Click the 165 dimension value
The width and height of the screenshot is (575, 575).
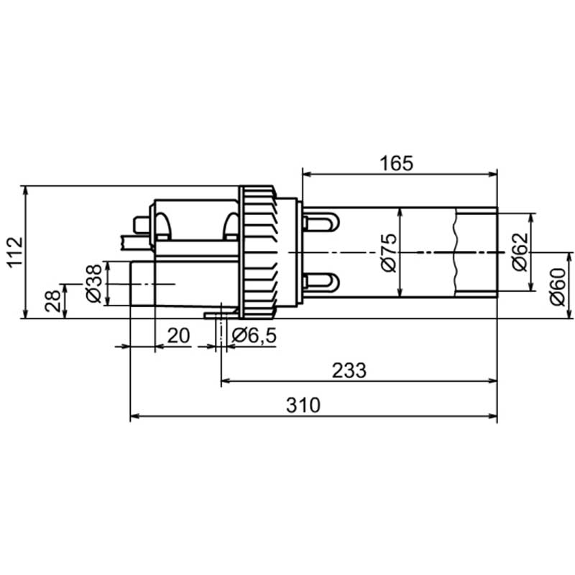pos(397,164)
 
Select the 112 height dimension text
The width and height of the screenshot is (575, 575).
pos(15,253)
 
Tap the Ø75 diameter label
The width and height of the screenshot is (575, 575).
pos(389,252)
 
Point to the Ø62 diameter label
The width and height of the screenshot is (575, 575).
pos(520,252)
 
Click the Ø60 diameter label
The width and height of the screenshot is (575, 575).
pos(558,287)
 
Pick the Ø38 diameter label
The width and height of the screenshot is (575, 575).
pos(93,283)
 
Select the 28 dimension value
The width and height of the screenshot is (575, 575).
pos(52,301)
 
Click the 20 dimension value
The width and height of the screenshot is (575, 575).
pos(178,336)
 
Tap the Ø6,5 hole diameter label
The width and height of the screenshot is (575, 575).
pos(254,336)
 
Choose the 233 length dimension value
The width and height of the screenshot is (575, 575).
pos(349,371)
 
